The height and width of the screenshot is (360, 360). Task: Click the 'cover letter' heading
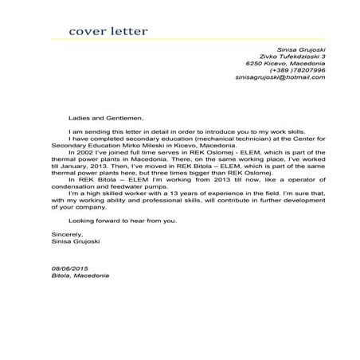coord(108,32)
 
